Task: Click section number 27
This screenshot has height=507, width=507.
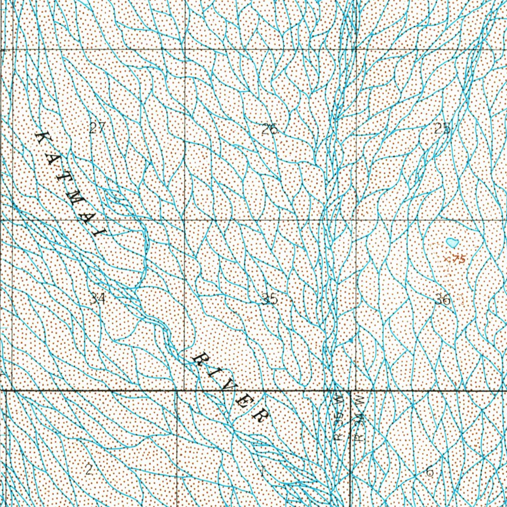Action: click(98, 128)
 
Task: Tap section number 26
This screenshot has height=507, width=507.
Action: click(270, 130)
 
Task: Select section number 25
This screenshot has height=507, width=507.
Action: click(443, 128)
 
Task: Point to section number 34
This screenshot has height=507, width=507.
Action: click(98, 298)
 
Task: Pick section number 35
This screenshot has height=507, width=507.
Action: click(270, 299)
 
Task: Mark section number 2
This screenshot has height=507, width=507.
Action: click(89, 470)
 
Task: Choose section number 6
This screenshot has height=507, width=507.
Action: click(429, 472)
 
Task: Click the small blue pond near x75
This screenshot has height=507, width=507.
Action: click(452, 243)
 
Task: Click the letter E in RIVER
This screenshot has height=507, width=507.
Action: click(244, 400)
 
